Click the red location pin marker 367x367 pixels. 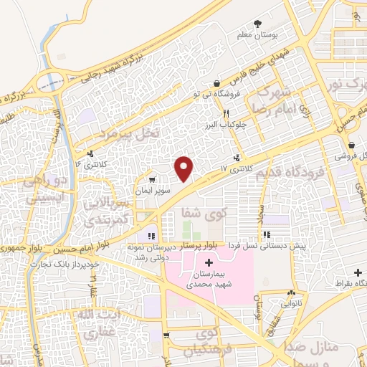(185, 168)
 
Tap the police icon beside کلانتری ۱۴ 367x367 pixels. (90, 153)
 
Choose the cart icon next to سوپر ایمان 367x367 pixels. (151, 179)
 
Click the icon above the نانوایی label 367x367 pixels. (291, 293)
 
